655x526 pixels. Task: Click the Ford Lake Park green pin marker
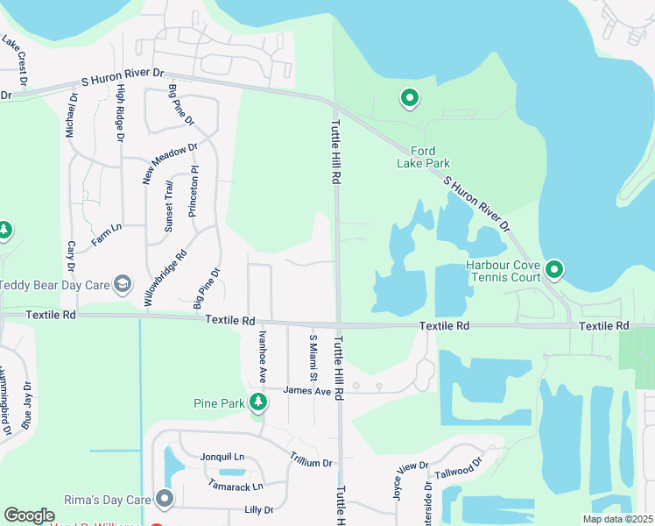[x=408, y=98]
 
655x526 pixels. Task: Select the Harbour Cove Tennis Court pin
[x=553, y=268]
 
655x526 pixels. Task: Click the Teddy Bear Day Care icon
[x=123, y=284]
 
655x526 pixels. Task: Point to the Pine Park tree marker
[x=257, y=402]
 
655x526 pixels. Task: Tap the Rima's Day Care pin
[x=164, y=500]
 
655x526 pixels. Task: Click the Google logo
[x=30, y=515]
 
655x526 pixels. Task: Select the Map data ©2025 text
[x=617, y=519]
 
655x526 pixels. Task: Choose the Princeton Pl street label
[x=194, y=191]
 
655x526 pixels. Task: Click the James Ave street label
[x=306, y=391]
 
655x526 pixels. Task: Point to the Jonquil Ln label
[x=222, y=457]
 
